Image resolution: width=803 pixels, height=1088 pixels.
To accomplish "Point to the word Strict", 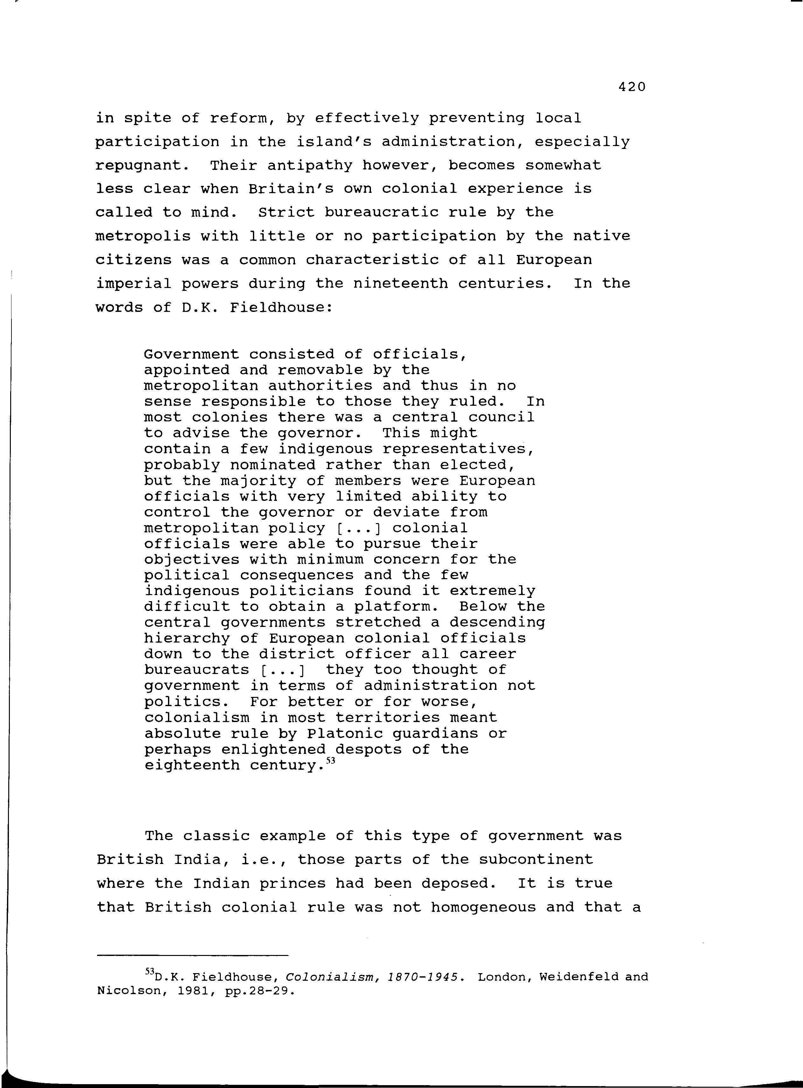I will tap(286, 213).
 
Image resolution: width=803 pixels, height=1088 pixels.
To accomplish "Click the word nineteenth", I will tap(400, 284).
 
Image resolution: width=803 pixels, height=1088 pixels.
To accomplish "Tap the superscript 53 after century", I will tap(331, 761).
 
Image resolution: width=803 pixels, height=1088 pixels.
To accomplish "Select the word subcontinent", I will tap(536, 860).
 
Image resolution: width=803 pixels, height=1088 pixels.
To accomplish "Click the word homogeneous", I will tap(483, 907).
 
